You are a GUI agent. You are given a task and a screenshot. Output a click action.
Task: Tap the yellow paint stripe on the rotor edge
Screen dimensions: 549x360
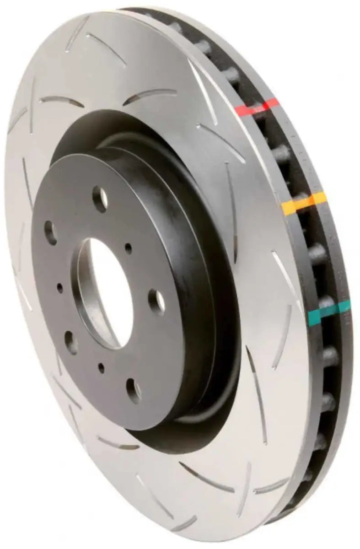point(305,203)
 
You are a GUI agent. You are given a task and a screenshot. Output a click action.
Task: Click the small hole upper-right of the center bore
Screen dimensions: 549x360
point(129,248)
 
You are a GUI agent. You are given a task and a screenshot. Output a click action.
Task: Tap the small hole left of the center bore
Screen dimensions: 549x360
point(60,288)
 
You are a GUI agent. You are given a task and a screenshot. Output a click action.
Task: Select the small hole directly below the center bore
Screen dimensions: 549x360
point(101,366)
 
